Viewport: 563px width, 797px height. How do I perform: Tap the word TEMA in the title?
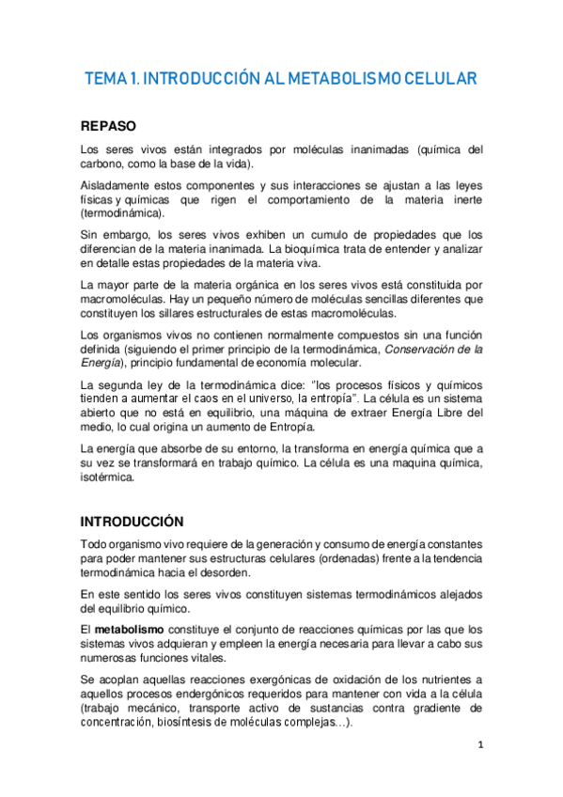click(107, 79)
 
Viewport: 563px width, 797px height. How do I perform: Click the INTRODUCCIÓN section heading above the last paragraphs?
click(132, 521)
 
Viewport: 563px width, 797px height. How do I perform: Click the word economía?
click(317, 364)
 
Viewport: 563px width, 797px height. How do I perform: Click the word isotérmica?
click(108, 477)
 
